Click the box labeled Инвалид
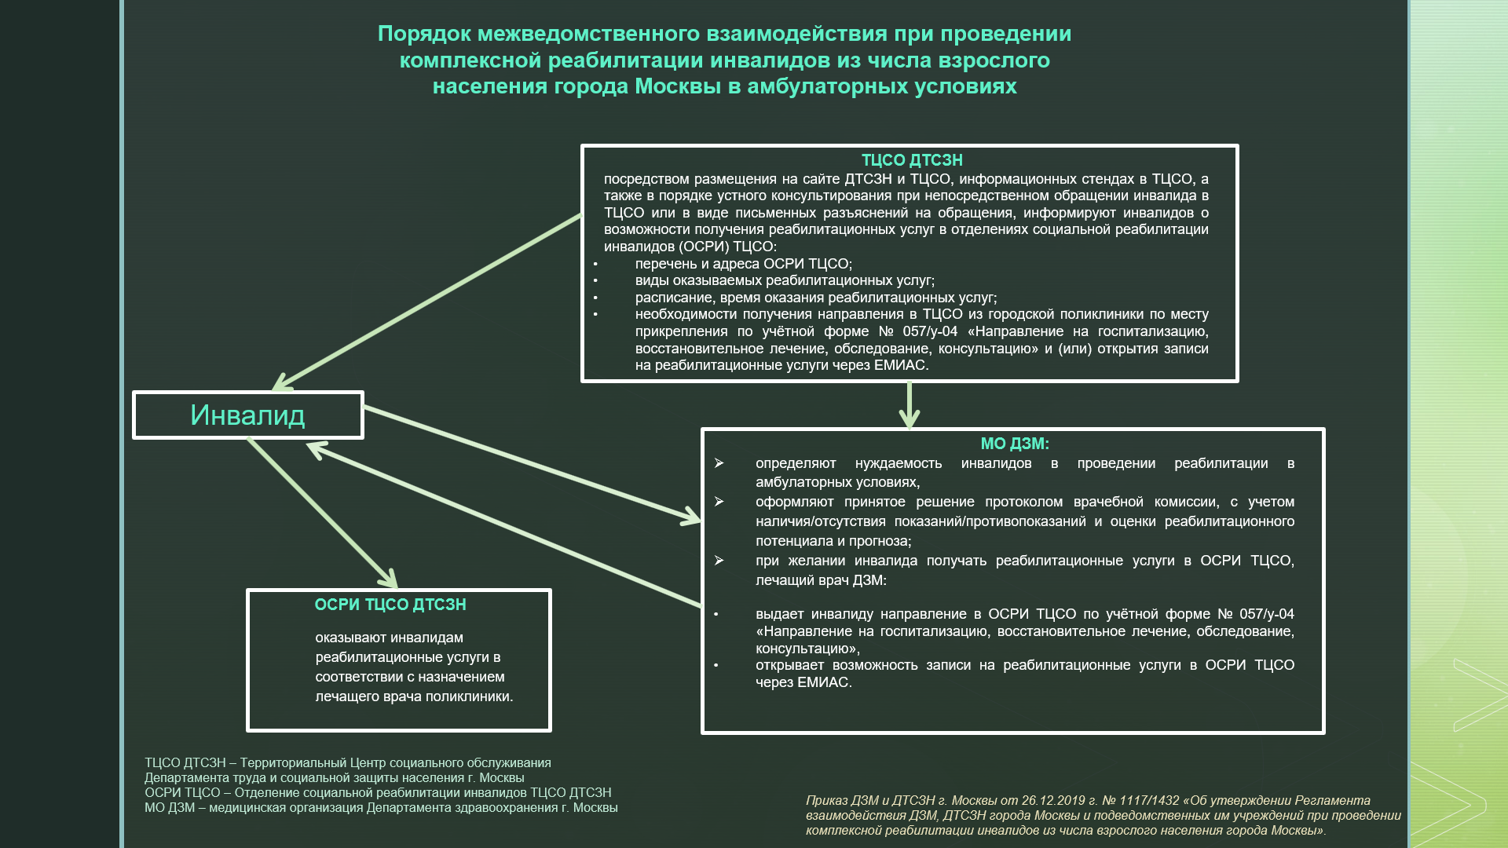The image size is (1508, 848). point(247,415)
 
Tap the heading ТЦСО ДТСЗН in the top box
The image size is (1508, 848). point(911,160)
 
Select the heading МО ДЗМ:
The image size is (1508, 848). point(1014,444)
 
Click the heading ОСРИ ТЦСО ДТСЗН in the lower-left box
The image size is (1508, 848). point(390,605)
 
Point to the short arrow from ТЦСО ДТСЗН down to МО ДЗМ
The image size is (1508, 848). point(910,404)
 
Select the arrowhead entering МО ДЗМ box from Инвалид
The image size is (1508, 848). point(691,517)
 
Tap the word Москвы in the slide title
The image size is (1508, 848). point(679,86)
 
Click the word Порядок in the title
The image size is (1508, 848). point(423,34)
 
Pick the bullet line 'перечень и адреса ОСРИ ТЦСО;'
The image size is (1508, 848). point(743,264)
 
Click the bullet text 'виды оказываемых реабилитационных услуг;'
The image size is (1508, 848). point(785,280)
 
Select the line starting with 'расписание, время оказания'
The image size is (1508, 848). point(815,298)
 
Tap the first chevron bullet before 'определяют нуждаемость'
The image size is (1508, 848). point(719,463)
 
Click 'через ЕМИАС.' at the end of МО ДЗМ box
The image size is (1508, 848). point(803,682)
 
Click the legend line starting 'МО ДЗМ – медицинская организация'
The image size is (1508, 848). point(381,808)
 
